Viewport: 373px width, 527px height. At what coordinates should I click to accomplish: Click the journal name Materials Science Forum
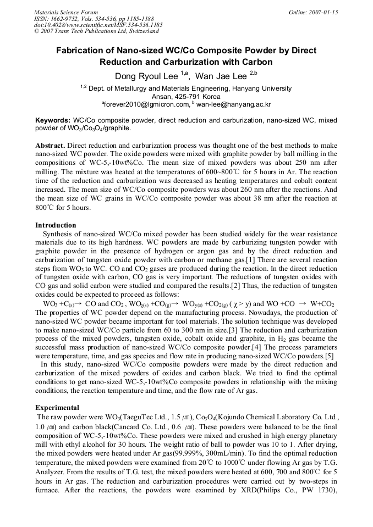(66, 12)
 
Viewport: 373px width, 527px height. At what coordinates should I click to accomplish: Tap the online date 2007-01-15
(325, 12)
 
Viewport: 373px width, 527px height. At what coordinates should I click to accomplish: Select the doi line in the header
(98, 25)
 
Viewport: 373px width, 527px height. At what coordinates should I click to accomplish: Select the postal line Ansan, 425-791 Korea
(186, 96)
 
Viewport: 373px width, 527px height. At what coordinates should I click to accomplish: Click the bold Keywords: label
(53, 120)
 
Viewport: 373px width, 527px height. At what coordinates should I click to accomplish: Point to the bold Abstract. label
(51, 145)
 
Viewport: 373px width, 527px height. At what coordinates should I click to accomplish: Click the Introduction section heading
(56, 225)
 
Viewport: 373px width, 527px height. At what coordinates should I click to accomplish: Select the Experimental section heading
(57, 408)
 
